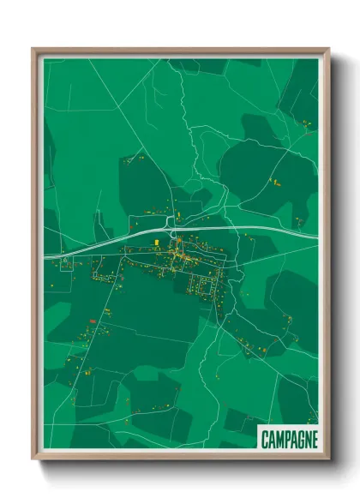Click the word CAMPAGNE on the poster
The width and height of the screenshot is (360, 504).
pyautogui.click(x=288, y=439)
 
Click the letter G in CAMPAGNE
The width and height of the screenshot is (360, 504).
pyautogui.click(x=299, y=439)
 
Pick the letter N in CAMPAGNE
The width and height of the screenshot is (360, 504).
pyautogui.click(x=306, y=439)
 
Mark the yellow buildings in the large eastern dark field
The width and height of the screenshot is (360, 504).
pyautogui.click(x=275, y=182)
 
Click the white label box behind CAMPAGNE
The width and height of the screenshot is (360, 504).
pyautogui.click(x=289, y=429)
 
